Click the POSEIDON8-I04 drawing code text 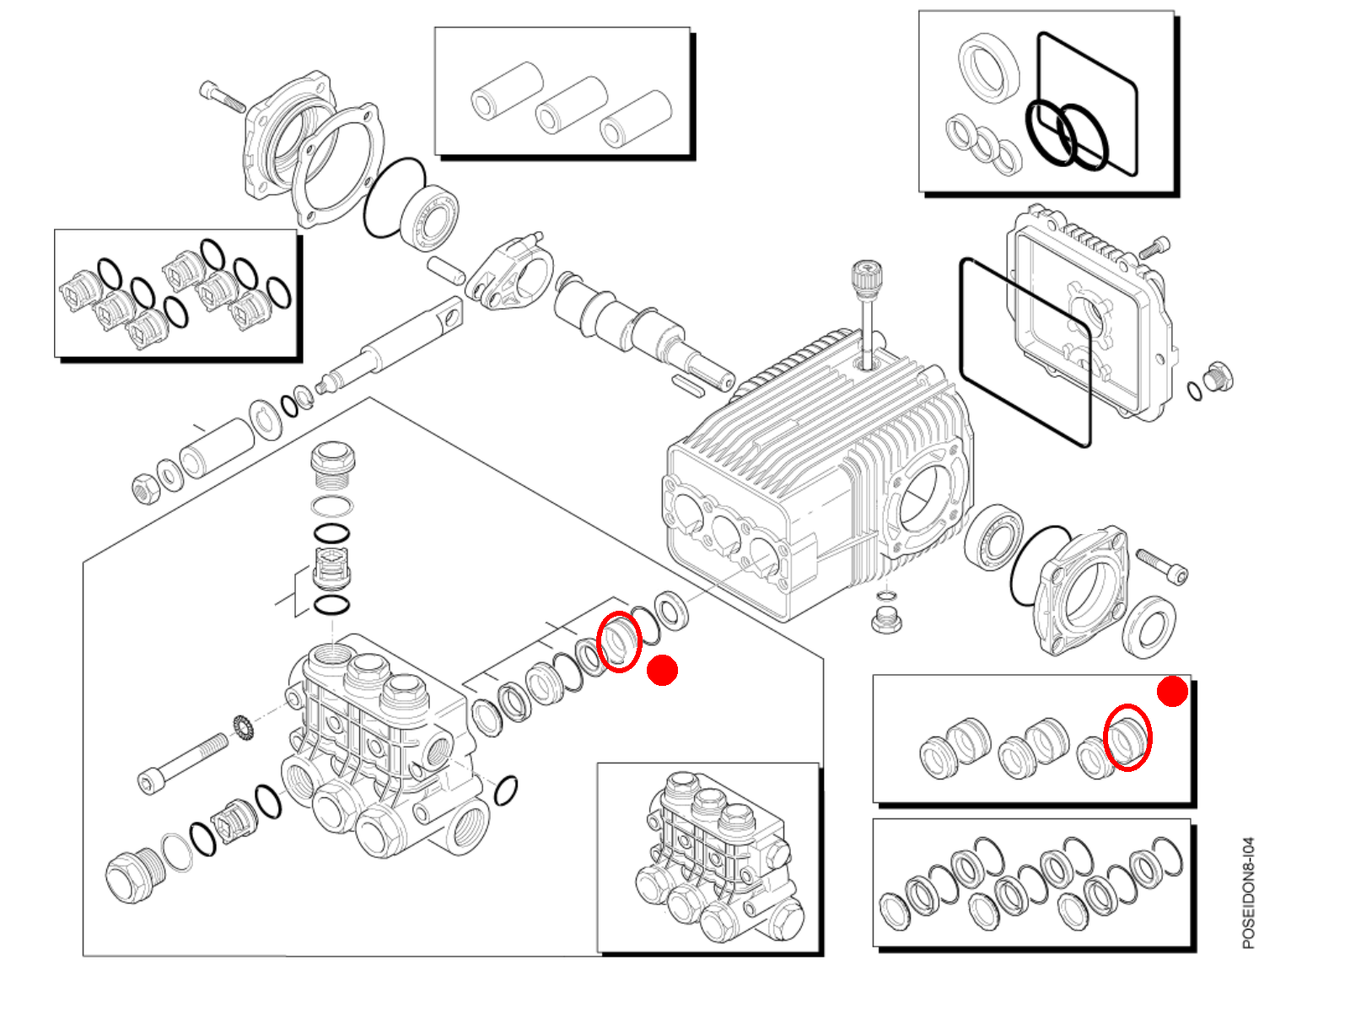pos(1249,893)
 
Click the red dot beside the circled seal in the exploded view pos(662,671)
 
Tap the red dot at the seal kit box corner pos(1172,692)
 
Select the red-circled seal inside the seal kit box pos(1127,737)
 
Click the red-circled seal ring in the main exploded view pos(620,642)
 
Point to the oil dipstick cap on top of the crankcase pos(867,278)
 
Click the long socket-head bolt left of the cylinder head pos(183,763)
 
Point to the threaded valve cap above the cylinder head pos(332,465)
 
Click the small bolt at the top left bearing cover pos(222,96)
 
